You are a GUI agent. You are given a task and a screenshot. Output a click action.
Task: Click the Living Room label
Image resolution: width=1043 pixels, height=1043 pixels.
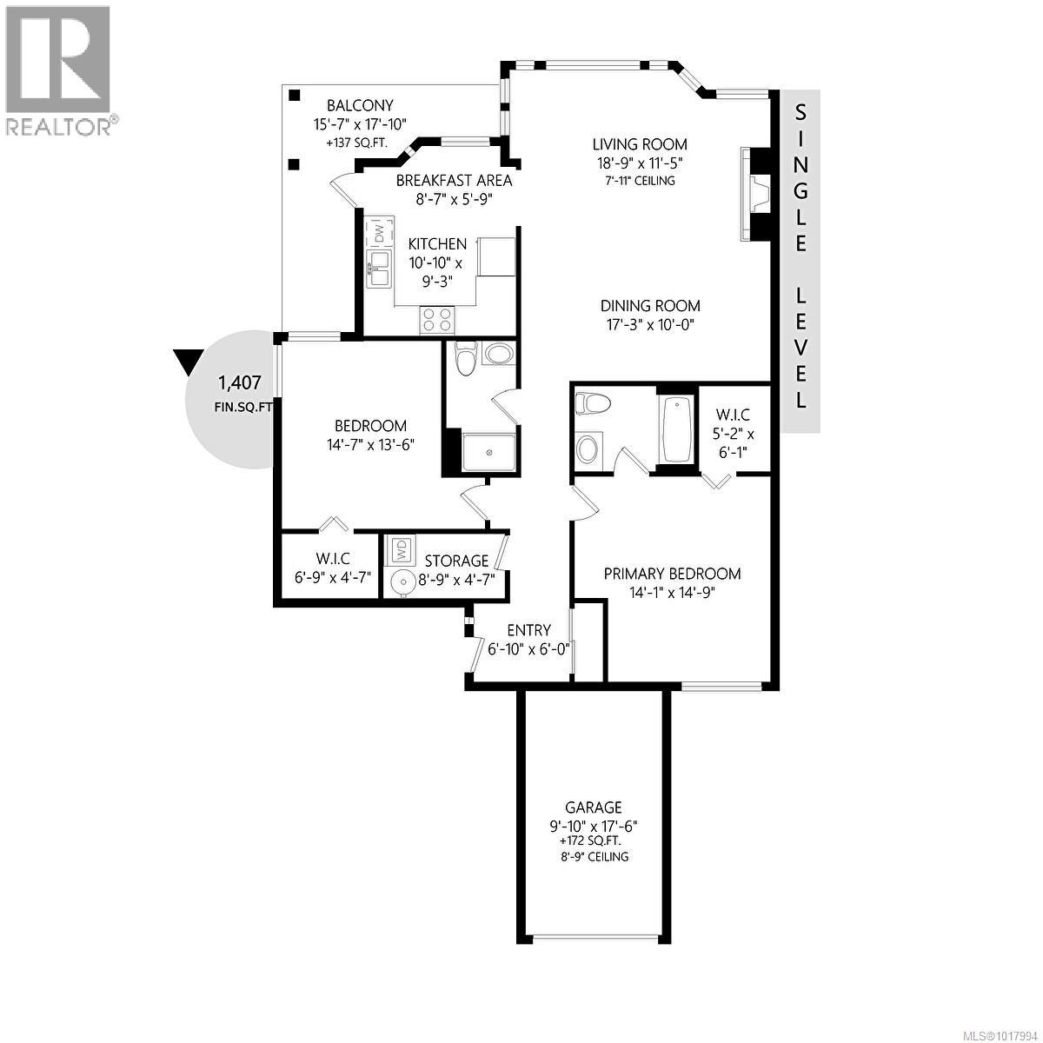(640, 144)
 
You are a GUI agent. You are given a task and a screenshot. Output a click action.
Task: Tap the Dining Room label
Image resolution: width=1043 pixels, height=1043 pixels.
(650, 306)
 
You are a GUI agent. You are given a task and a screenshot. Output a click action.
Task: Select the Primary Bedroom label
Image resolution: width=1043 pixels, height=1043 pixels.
(672, 574)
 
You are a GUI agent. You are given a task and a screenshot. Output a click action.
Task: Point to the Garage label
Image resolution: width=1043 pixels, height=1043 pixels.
(593, 807)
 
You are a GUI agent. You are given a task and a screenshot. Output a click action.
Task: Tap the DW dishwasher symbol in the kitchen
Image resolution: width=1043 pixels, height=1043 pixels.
(380, 234)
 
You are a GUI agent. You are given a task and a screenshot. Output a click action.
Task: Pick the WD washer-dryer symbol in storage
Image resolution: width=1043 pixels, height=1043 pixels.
(402, 549)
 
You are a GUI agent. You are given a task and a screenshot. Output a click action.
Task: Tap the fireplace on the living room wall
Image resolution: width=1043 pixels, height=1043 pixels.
(758, 193)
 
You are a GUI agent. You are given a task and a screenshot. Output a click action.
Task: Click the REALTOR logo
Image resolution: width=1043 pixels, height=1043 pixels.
(58, 70)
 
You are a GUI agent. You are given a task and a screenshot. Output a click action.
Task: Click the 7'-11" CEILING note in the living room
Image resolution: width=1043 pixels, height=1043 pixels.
(640, 181)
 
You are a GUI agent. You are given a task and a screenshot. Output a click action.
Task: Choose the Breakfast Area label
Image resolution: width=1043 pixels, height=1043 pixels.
(454, 181)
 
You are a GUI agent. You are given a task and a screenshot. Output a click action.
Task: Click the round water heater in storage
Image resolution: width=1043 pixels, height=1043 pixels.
(402, 583)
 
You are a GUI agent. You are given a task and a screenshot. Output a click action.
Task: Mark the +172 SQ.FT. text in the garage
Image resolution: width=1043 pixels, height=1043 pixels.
(593, 840)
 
